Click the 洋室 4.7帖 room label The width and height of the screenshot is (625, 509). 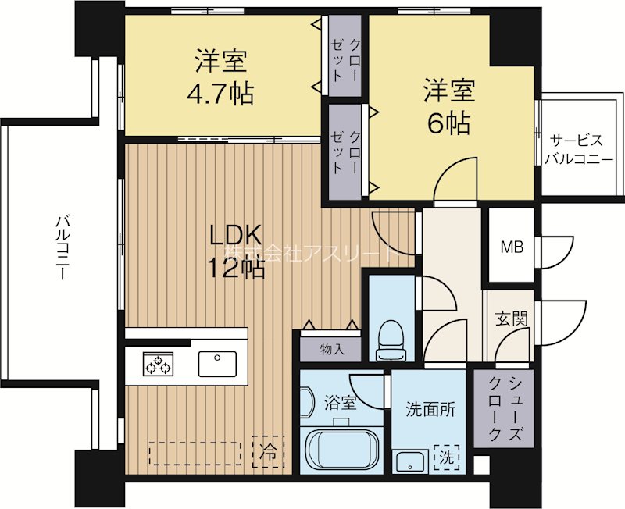coord(220,77)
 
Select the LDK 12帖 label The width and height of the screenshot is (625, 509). coord(236,251)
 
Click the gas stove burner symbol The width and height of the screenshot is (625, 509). coord(159,364)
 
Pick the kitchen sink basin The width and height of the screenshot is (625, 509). coord(217,364)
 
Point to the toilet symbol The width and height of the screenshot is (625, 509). coord(392,340)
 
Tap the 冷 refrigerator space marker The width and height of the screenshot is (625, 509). coord(268,452)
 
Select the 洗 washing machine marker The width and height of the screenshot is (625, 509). coord(446,458)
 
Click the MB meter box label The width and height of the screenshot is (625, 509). coord(512,247)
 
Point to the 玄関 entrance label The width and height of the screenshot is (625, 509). coord(512,319)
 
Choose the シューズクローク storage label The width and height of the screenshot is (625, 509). coord(505,408)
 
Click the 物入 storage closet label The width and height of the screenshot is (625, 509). coord(332,350)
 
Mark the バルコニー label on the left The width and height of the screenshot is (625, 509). coord(61,247)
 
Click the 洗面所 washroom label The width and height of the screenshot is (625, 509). coord(430,409)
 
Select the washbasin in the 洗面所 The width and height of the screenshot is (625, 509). coord(410,461)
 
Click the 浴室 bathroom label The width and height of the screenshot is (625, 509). coord(340,403)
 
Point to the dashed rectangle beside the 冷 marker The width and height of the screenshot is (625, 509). coord(195,453)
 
